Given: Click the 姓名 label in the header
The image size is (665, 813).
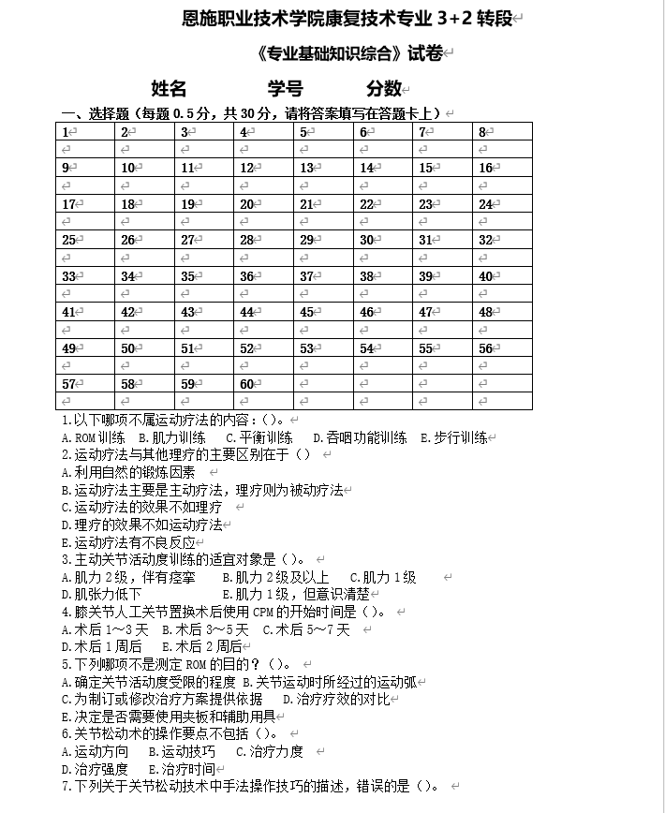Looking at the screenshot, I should point(169,88).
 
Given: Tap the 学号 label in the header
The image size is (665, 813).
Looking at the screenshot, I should point(285,88).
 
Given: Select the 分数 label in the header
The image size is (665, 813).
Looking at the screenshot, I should point(384,88).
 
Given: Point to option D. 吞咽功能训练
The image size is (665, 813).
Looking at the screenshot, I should point(360,437).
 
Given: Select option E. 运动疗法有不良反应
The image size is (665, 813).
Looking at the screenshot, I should point(128,542).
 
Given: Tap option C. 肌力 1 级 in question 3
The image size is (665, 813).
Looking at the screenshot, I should point(383,577).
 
